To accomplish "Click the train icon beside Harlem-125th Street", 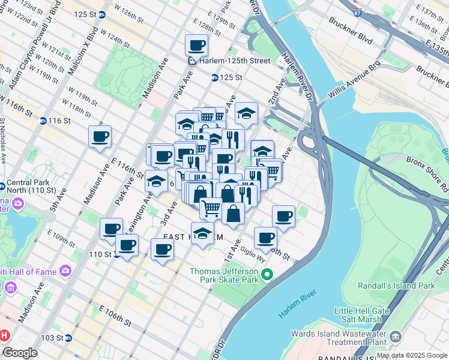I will [x=192, y=61].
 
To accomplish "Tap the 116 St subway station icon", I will [x=43, y=121].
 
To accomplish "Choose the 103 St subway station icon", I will [x=68, y=338].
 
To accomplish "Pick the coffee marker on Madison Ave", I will [x=100, y=137].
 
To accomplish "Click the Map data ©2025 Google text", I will [x=412, y=355].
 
